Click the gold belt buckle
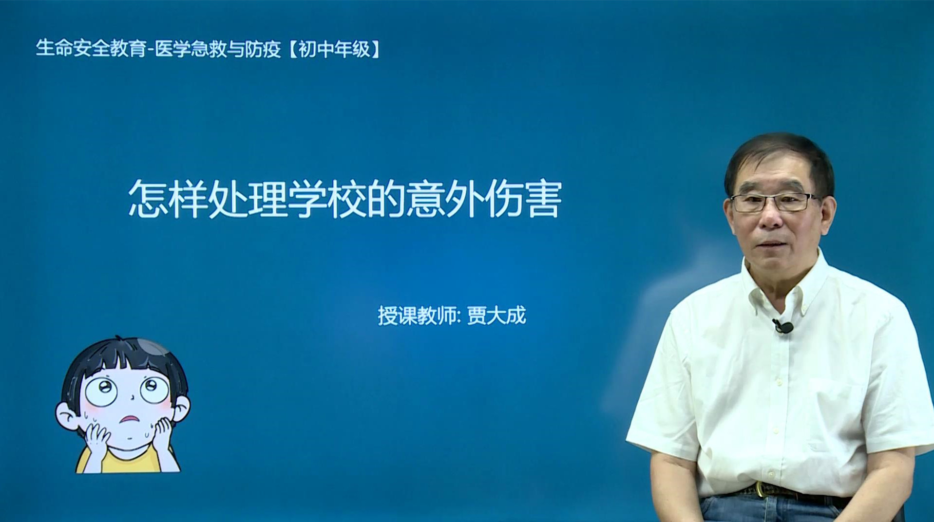pos(761,489)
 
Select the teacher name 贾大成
pos(496,316)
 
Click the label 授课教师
pos(417,316)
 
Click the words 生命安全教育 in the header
pos(91,49)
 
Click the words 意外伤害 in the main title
pos(484,199)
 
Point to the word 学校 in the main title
pos(326,199)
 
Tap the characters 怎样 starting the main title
pos(168,199)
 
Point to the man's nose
pos(771,217)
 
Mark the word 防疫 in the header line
pos(263,49)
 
